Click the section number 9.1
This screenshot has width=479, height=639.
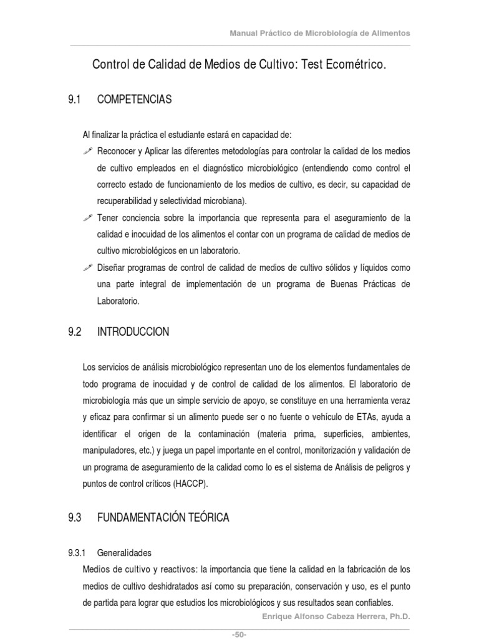click(75, 100)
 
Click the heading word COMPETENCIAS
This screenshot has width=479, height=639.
click(135, 100)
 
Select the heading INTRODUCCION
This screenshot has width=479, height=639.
click(133, 332)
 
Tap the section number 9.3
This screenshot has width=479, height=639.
click(75, 517)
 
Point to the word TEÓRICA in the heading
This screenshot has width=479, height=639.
click(206, 517)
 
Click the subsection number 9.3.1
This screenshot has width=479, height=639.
click(80, 553)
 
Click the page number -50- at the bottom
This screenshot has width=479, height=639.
click(239, 634)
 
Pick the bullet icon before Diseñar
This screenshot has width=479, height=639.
click(88, 267)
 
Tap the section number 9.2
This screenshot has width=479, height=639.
click(75, 332)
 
